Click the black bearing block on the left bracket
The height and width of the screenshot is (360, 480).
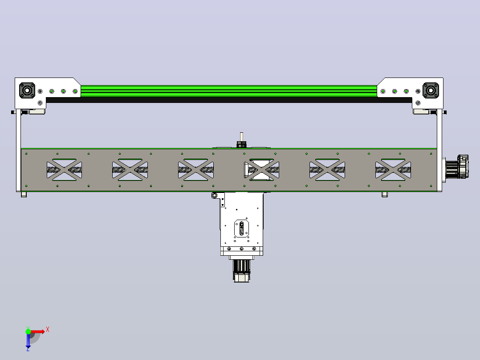pyautogui.click(x=27, y=90)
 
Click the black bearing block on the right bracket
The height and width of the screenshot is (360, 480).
pyautogui.click(x=431, y=90)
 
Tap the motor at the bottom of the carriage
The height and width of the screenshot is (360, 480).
pyautogui.click(x=241, y=271)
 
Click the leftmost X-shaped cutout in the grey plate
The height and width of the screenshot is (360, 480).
pyautogui.click(x=64, y=170)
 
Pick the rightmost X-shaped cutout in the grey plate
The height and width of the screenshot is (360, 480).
pyautogui.click(x=393, y=170)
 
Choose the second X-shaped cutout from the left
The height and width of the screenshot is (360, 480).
pyautogui.click(x=130, y=170)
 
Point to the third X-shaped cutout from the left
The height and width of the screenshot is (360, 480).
pyautogui.click(x=196, y=170)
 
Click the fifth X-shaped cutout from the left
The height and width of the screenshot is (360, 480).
pyautogui.click(x=327, y=170)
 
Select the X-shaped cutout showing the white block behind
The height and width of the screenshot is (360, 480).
pyautogui.click(x=261, y=170)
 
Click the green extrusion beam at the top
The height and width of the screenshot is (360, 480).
pyautogui.click(x=229, y=91)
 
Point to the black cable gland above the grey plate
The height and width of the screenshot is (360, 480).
pyautogui.click(x=241, y=144)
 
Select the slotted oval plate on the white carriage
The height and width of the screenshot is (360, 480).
pyautogui.click(x=241, y=229)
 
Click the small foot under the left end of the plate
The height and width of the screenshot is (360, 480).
pyautogui.click(x=24, y=194)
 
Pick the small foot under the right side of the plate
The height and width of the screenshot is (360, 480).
pyautogui.click(x=385, y=194)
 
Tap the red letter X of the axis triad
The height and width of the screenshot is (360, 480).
pyautogui.click(x=48, y=330)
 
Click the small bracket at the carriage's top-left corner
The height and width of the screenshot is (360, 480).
pyautogui.click(x=218, y=199)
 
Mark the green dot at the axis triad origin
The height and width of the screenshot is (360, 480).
pyautogui.click(x=28, y=331)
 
